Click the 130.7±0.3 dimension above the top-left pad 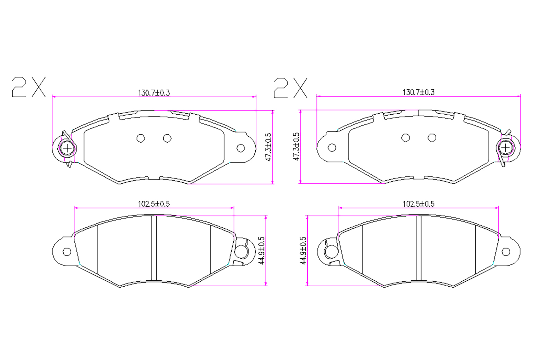click(154, 92)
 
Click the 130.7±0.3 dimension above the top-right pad click(418, 92)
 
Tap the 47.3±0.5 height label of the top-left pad click(268, 147)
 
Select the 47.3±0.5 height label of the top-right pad click(296, 146)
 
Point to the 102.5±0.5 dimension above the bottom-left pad click(154, 204)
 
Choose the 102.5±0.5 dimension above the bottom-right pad click(418, 204)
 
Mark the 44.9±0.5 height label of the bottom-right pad click(303, 251)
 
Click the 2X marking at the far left click(29, 87)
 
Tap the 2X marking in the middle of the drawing click(290, 88)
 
